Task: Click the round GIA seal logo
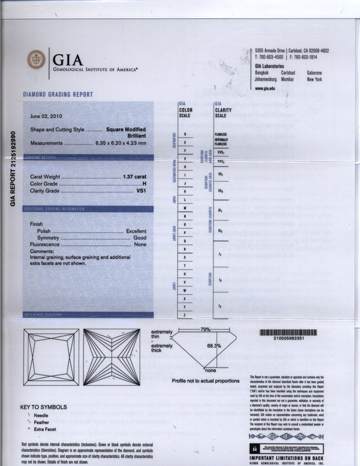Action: [x=36, y=60]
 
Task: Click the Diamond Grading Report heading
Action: [x=58, y=94]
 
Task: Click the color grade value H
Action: [x=145, y=183]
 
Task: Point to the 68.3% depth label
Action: [x=214, y=346]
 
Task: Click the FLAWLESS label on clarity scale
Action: [x=221, y=134]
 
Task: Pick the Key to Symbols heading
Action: [x=43, y=407]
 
